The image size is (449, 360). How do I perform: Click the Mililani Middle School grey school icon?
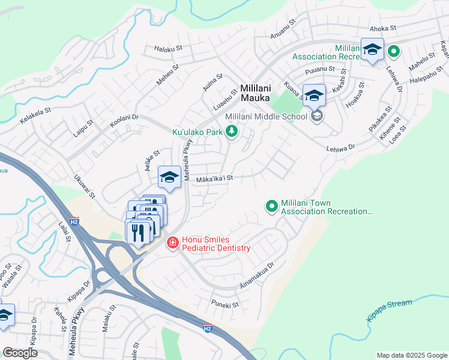pos(316,116)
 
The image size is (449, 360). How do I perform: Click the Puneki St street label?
pos(226,304)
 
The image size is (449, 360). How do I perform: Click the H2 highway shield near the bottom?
pos(207,328)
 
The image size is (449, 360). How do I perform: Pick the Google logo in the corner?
pos(20,353)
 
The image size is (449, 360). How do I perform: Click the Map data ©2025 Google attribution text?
pos(411,355)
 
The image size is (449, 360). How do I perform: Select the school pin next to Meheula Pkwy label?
pos(170,177)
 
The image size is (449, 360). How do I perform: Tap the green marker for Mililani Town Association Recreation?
pos(271,206)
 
